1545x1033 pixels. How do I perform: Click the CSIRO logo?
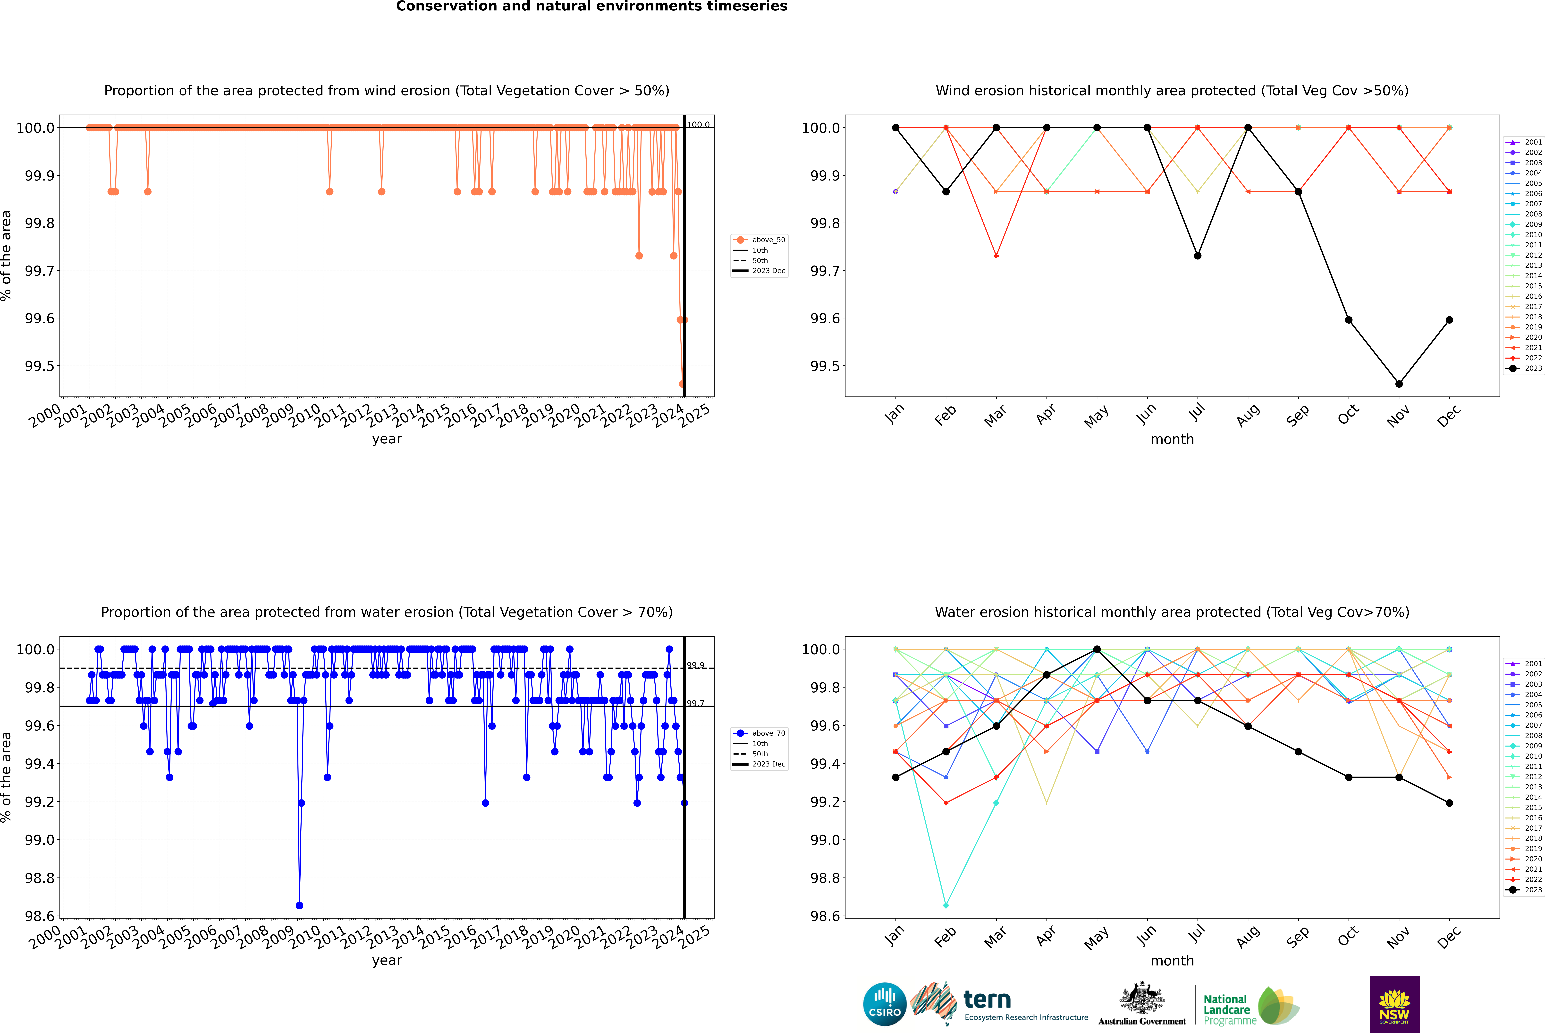pos(885,1004)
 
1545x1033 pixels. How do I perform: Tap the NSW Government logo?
pos(1394,1004)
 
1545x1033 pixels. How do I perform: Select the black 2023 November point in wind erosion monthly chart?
pos(1399,383)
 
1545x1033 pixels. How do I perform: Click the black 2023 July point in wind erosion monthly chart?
pos(1197,256)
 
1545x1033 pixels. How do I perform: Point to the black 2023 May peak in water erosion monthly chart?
pos(1097,649)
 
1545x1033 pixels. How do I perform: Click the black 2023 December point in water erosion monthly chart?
pos(1449,802)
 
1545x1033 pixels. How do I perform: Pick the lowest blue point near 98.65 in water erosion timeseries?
pos(300,905)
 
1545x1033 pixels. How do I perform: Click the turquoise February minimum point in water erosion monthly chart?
pos(946,905)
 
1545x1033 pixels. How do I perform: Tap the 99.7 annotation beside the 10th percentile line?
pos(695,703)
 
